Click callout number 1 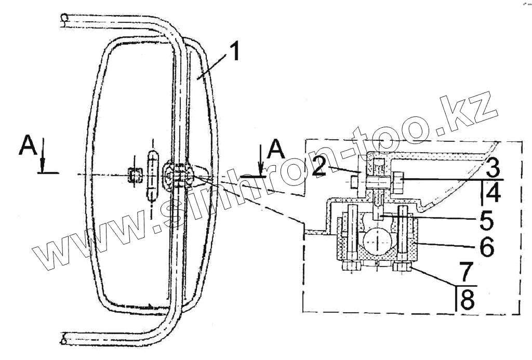tap(232, 51)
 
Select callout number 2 tap(319, 166)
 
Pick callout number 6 tap(486, 247)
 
